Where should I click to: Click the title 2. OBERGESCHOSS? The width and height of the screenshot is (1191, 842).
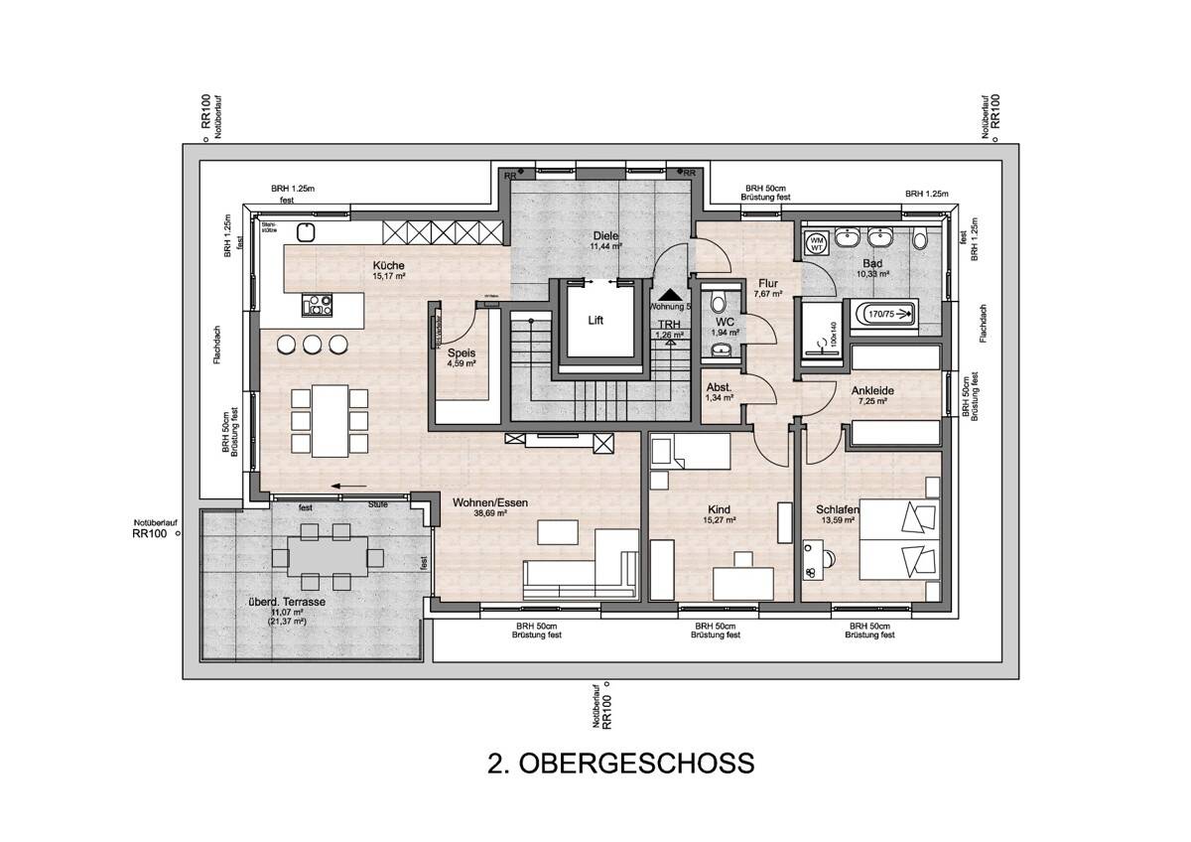(621, 763)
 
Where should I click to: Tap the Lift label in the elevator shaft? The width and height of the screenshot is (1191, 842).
(595, 321)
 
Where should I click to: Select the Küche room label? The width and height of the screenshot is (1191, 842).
(388, 265)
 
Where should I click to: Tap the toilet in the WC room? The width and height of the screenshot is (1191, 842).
(720, 304)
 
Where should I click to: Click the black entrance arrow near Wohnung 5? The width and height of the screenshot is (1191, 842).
(672, 294)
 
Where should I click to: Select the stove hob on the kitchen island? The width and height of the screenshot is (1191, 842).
(318, 305)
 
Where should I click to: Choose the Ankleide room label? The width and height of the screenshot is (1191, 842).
(872, 391)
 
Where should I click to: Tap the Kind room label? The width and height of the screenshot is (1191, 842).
(720, 508)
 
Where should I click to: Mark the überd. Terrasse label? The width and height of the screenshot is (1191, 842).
(287, 602)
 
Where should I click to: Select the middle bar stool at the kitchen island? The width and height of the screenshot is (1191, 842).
(312, 345)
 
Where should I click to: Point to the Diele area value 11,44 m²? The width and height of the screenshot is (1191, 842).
(605, 245)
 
